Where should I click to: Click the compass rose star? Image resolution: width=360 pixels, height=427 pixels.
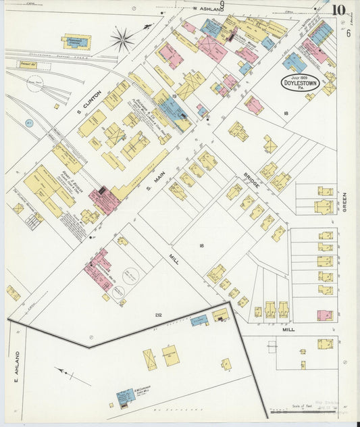(122, 40)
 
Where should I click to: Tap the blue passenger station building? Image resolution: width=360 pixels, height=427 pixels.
(77, 42)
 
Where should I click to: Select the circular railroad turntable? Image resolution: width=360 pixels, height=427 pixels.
(34, 84)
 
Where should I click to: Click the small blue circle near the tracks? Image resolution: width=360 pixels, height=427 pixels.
(29, 123)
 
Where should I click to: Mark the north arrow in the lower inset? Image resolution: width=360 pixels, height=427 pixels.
(68, 372)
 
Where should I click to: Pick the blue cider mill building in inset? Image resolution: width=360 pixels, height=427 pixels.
(125, 397)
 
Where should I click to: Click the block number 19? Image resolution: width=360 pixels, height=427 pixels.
(174, 97)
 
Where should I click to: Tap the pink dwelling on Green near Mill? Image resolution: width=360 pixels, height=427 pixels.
(325, 316)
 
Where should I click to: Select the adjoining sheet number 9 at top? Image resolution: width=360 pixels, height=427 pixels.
(222, 5)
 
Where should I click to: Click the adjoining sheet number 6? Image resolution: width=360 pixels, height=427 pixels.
(348, 34)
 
